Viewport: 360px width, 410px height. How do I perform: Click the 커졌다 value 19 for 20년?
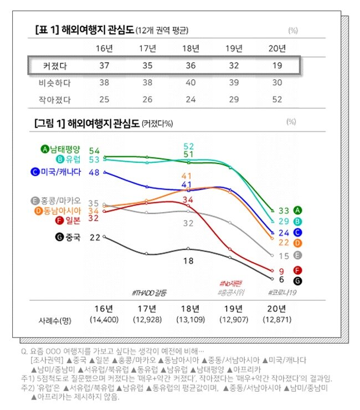[277, 66]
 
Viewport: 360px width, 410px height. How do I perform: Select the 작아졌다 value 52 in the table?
[277, 99]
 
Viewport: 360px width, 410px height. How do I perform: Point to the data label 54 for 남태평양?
[94, 151]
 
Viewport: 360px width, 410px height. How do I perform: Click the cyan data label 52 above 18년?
[188, 146]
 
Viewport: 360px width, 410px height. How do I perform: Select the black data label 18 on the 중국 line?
[188, 260]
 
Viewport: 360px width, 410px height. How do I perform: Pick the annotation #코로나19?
[282, 292]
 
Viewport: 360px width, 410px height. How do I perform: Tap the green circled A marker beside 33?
[298, 210]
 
